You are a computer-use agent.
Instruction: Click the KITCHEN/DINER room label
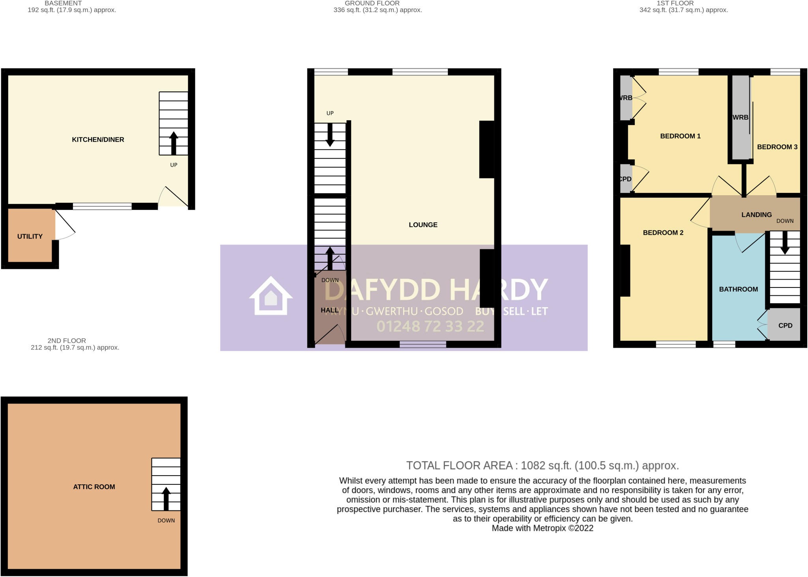(x=98, y=140)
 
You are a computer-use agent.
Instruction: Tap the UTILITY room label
(x=30, y=236)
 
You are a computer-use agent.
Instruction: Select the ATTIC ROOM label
(x=94, y=487)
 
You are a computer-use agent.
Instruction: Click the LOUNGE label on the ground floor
(x=423, y=225)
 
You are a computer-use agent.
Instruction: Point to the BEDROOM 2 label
(x=663, y=233)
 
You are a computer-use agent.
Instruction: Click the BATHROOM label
(x=738, y=289)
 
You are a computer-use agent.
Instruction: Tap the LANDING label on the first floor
(x=756, y=215)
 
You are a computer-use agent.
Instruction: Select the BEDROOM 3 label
(x=777, y=147)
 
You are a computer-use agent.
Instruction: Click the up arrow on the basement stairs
(x=174, y=143)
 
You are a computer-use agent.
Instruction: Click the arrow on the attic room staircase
(x=166, y=499)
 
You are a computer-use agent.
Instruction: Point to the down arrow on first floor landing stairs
(x=785, y=243)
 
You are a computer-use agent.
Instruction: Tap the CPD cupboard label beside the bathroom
(x=785, y=325)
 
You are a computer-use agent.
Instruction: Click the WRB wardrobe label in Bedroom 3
(x=740, y=117)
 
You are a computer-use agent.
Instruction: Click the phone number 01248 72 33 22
(x=430, y=326)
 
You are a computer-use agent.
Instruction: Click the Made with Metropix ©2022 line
(x=542, y=528)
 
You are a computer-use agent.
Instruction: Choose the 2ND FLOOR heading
(x=67, y=340)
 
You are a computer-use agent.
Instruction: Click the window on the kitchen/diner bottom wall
(x=102, y=206)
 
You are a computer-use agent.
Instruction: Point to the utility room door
(x=65, y=225)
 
